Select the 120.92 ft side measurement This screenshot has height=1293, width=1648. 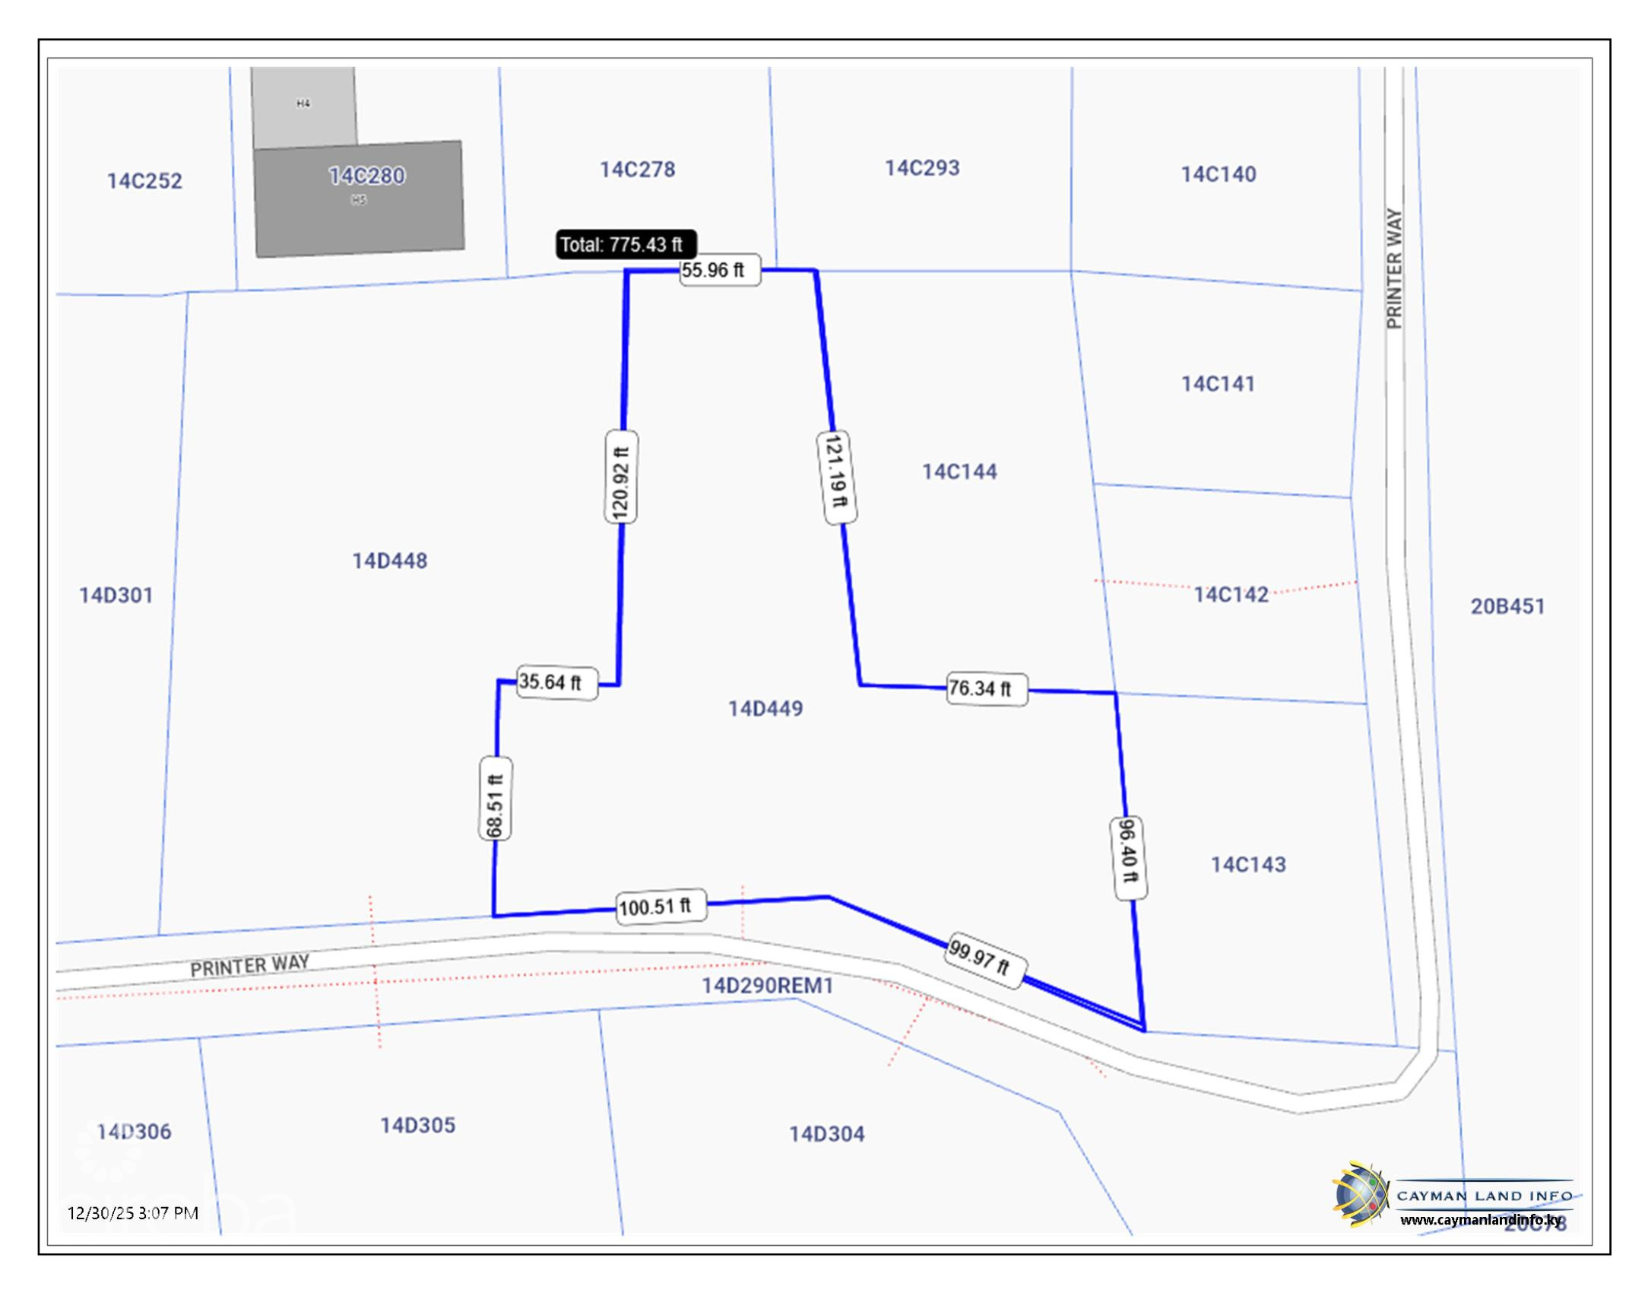click(x=621, y=477)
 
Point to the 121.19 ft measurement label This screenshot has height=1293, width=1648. click(x=836, y=477)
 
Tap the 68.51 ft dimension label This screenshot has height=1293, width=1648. click(x=495, y=798)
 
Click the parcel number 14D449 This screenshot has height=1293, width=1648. click(x=765, y=709)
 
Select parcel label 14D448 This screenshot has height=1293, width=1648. click(x=389, y=561)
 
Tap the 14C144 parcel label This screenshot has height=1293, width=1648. click(x=959, y=472)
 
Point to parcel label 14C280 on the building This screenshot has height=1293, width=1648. click(x=366, y=176)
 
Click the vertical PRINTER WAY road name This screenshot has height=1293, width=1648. click(x=1393, y=268)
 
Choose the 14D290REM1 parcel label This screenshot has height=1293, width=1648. click(x=767, y=986)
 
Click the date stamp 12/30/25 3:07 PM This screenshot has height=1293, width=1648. click(x=133, y=1213)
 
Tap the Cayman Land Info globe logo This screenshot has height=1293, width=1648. click(x=1360, y=1194)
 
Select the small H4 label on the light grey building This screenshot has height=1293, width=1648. click(x=303, y=103)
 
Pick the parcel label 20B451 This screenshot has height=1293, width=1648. click(x=1507, y=607)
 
